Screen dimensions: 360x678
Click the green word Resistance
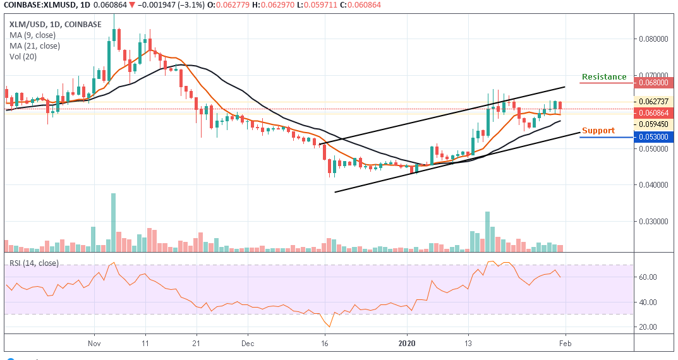[x=604, y=77]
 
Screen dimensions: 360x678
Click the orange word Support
[x=598, y=131]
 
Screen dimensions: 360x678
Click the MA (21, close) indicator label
[x=35, y=45]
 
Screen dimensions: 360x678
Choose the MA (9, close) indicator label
[x=33, y=35]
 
